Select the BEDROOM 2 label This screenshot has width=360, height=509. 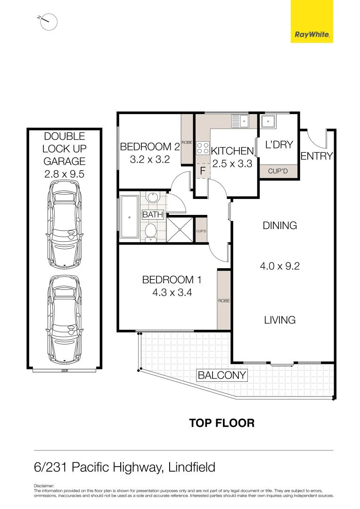(150, 147)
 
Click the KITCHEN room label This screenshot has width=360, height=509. (232, 151)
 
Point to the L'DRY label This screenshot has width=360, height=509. (279, 145)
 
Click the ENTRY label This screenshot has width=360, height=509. (317, 156)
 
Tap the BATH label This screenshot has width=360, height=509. (153, 214)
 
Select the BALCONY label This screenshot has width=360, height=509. (222, 375)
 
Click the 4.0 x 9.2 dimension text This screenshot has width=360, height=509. (280, 266)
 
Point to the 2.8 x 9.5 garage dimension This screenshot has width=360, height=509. (64, 173)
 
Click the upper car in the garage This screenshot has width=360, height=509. (64, 226)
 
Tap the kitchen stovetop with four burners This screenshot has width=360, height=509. (203, 148)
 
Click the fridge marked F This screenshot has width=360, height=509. (202, 171)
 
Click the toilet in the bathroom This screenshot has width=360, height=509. (151, 231)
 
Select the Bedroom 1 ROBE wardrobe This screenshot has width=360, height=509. (224, 300)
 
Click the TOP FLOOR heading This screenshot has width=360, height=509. (221, 423)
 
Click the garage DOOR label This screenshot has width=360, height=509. (64, 370)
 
